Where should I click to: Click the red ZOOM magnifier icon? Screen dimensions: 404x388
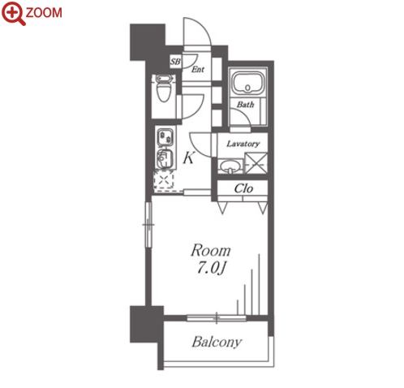coord(13,13)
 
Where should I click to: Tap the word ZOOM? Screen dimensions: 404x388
coord(44,13)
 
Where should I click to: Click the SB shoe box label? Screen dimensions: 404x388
coord(175,62)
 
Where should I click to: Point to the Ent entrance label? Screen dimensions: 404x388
coord(198,69)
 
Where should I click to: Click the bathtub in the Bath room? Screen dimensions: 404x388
coord(247,82)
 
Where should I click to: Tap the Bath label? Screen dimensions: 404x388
coord(245,104)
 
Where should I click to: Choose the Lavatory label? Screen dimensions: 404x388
coord(243,144)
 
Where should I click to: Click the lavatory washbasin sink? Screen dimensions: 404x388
coord(230,166)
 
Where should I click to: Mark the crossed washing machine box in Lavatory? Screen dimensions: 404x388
coord(256,163)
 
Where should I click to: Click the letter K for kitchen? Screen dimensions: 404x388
coord(188,157)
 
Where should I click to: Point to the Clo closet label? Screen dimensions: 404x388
coord(243,188)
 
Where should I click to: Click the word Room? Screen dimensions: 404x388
coord(211,251)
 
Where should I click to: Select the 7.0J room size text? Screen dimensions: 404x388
coord(211,269)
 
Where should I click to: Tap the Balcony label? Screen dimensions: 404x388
coord(217,342)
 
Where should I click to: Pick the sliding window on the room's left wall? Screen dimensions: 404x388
coord(148,225)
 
